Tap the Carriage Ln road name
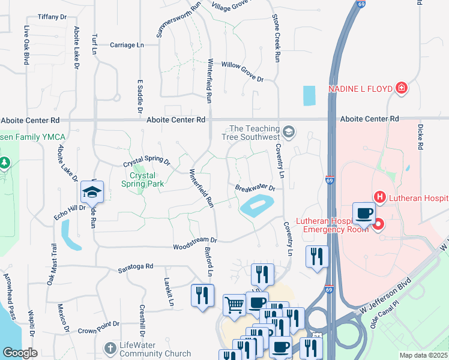pyautogui.click(x=127, y=45)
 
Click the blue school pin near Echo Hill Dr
pyautogui.click(x=92, y=193)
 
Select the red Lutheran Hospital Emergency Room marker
pyautogui.click(x=378, y=225)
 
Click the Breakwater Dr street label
pyautogui.click(x=255, y=188)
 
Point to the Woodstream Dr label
pyautogui.click(x=194, y=247)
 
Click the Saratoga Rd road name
pyautogui.click(x=136, y=266)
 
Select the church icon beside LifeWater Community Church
pyautogui.click(x=110, y=348)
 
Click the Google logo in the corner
pyautogui.click(x=20, y=353)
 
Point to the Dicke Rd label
pyautogui.click(x=421, y=137)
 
